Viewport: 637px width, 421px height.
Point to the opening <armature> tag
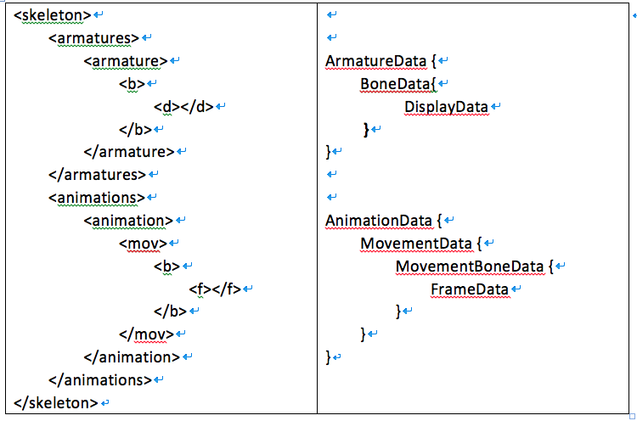click(126, 61)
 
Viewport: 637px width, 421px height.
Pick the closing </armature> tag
click(129, 152)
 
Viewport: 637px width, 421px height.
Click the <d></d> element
click(183, 107)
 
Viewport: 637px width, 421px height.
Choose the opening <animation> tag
click(128, 221)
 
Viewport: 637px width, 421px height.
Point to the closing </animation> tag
click(132, 357)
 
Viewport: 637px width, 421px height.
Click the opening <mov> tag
click(144, 244)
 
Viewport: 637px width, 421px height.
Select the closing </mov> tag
click(147, 334)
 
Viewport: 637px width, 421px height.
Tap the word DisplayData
click(446, 107)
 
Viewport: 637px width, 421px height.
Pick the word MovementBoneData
click(470, 267)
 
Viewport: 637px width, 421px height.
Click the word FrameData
click(470, 289)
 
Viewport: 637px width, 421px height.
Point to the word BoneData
click(395, 84)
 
